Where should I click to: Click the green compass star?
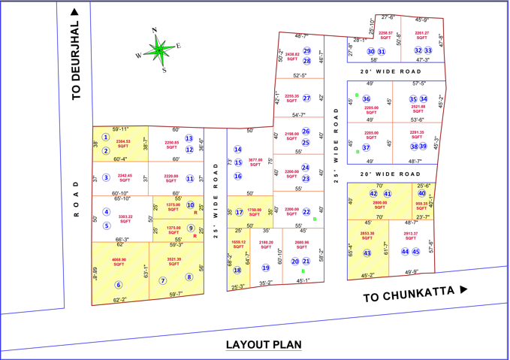coord(160,50)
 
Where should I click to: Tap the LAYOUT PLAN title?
coord(264,345)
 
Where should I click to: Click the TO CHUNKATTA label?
coord(415,295)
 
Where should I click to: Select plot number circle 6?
coord(118,285)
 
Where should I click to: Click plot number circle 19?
coord(265,268)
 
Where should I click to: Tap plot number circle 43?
coord(367,254)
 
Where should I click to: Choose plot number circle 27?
coord(306,98)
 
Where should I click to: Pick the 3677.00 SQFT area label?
coord(255,162)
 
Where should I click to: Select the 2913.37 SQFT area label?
coord(410,236)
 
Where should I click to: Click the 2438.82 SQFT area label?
coord(291,56)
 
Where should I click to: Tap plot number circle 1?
coord(106,138)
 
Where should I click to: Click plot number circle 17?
coord(239,212)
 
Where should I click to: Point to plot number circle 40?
coord(421,193)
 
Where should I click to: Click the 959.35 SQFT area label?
coord(421,205)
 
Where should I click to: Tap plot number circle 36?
coord(367,98)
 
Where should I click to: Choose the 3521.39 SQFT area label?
coord(174,262)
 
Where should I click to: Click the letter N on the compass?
coord(154,31)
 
